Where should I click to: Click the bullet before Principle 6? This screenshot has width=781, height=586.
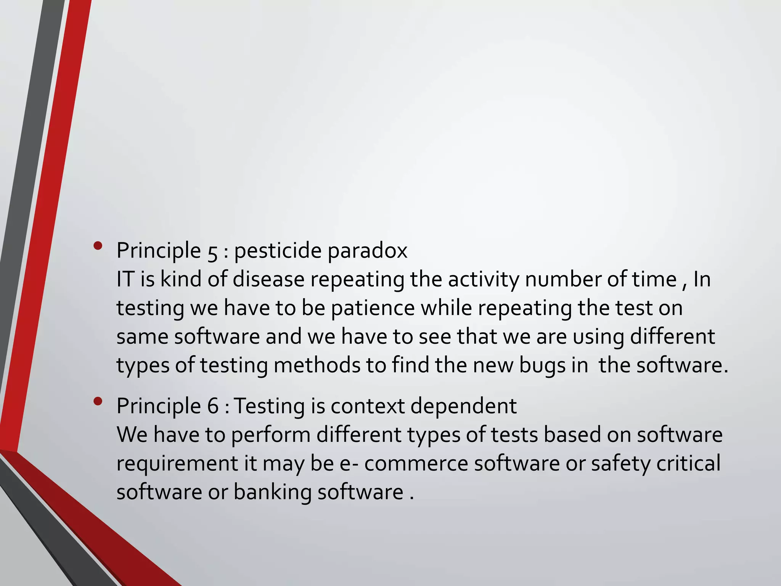tap(98, 401)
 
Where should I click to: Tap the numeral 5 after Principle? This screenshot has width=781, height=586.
tap(213, 252)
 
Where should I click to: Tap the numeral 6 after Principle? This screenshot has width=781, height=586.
tap(213, 406)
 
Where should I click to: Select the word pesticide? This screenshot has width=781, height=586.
tap(278, 251)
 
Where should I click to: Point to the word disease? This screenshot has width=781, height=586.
tap(268, 279)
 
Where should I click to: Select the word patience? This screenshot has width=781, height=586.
tap(373, 308)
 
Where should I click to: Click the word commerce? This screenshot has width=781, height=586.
tap(416, 464)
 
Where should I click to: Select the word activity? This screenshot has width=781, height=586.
tap(484, 280)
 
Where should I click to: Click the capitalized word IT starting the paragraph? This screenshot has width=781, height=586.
tap(125, 279)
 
